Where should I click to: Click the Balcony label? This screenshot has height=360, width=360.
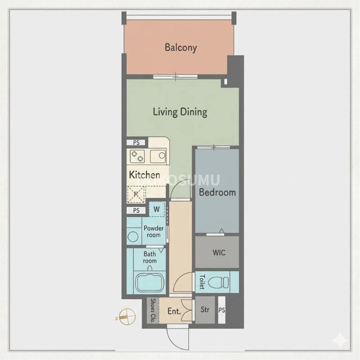[180, 47]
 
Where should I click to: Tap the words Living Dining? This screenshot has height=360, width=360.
[180, 112]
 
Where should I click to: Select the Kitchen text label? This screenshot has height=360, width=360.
[144, 175]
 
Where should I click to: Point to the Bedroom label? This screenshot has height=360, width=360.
[217, 192]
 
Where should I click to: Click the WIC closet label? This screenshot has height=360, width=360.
[219, 252]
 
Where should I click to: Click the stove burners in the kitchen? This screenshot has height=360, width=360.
[138, 157]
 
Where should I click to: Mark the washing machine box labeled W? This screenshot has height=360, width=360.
[157, 209]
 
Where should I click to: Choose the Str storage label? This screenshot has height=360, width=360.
[205, 310]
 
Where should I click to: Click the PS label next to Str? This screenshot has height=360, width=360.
[221, 310]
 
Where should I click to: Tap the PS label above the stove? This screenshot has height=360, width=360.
[136, 143]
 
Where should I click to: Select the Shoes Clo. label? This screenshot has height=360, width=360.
[153, 311]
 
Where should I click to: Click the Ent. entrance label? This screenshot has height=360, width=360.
[174, 311]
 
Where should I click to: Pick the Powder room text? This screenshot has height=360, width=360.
[154, 231]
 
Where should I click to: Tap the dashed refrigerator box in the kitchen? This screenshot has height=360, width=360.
[136, 194]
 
